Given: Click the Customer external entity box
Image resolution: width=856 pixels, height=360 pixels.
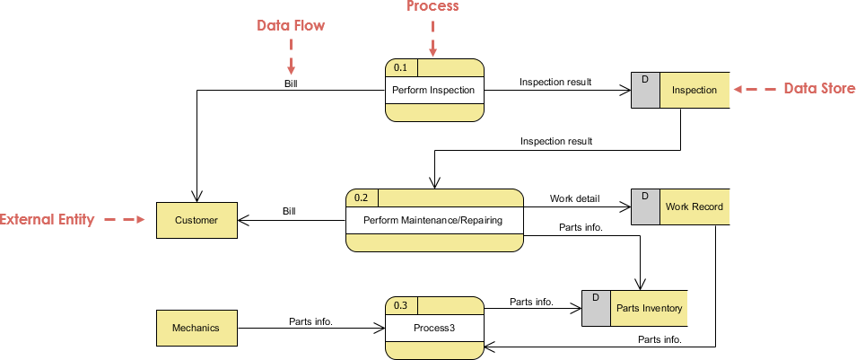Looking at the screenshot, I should coord(197,220).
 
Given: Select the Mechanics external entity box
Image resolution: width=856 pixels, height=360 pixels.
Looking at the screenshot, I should coord(197,328).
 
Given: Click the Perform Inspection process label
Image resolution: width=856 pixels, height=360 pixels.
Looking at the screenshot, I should coord(433,90).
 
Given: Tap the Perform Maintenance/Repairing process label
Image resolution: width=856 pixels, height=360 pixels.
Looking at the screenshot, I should coord(433,220).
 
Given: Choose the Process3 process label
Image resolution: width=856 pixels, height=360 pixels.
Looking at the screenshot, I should coord(433,328).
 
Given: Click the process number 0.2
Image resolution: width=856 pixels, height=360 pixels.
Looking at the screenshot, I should coord(362,198).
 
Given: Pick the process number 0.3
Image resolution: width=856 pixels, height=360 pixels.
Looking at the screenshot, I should coord(400,305).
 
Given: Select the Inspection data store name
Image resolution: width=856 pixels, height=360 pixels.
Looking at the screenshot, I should coord(694,90).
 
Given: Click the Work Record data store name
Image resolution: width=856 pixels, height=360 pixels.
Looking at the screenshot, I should coord(694,206).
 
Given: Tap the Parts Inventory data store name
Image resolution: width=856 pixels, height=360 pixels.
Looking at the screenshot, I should coord(649,308).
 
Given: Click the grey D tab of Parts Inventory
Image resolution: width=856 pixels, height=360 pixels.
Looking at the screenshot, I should coord(596,308).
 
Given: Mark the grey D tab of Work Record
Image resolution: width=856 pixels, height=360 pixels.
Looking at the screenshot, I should coord(645,206).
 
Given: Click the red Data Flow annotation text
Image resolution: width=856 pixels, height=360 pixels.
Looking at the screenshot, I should coord(291,26).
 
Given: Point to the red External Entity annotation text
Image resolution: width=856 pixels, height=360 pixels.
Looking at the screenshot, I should coord(47,219).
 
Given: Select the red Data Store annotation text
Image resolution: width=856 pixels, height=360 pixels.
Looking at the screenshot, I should coord(819,88).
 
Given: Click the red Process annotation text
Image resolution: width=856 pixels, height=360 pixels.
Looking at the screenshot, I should coord(432,7).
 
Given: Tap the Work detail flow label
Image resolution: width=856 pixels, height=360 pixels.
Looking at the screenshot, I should coord(574,198).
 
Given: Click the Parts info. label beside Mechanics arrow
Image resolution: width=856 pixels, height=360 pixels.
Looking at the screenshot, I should coord(310,320).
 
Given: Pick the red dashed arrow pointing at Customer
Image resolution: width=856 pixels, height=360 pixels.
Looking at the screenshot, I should coord(125,219).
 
